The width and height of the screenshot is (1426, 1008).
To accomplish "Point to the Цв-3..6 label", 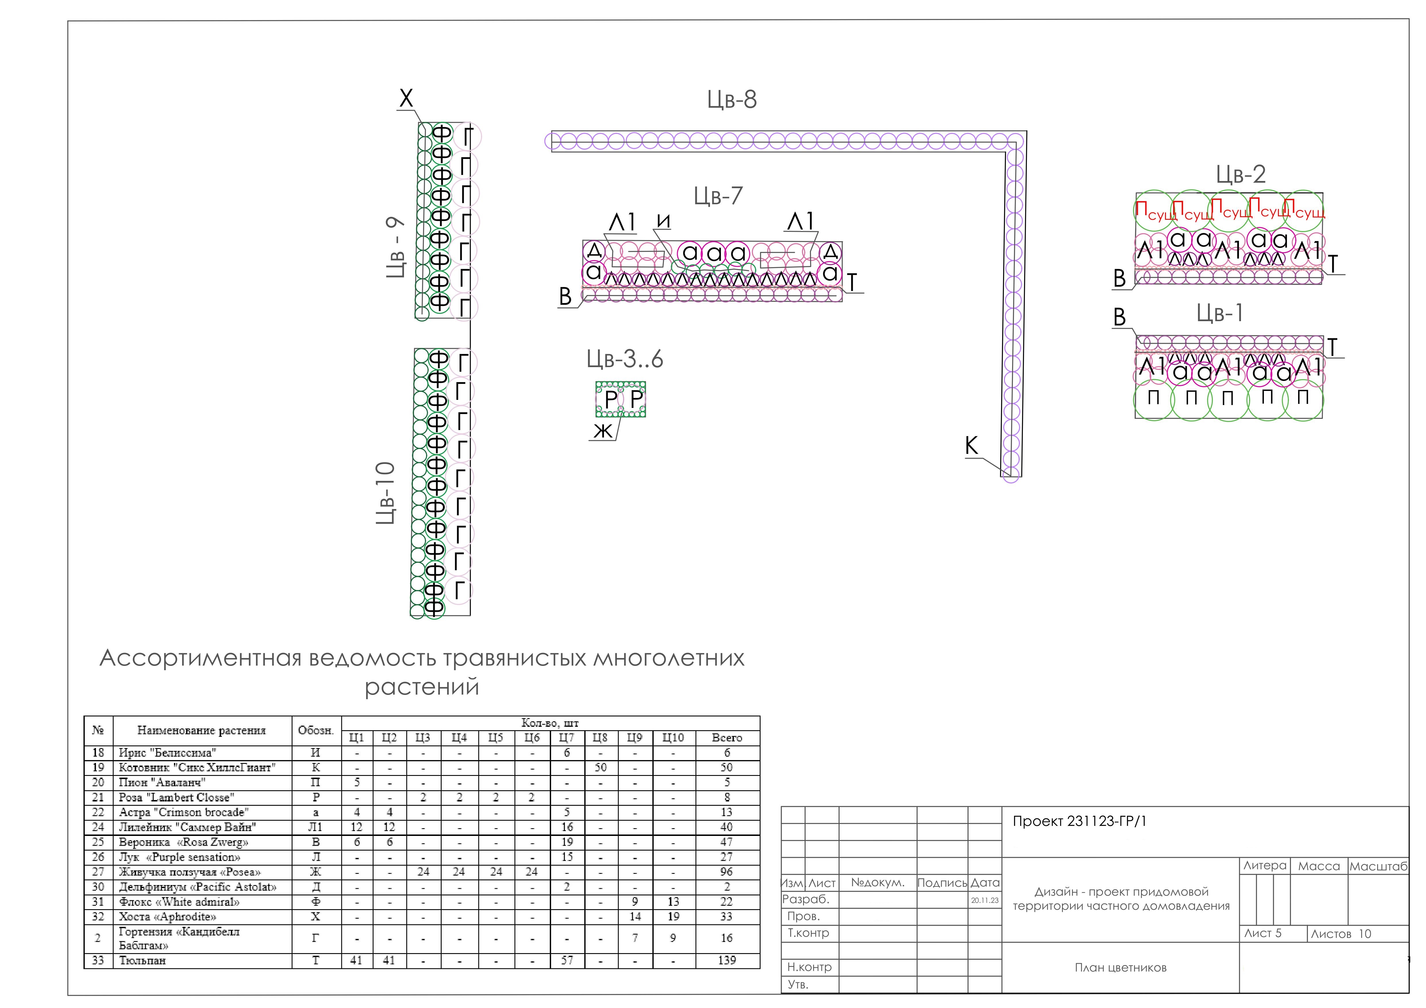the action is point(625,359).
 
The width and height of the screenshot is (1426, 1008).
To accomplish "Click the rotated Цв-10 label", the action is point(386,493).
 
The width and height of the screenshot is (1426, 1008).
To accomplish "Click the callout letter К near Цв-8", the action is point(971,445).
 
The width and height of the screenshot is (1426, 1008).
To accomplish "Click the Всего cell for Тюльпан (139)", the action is point(727,960).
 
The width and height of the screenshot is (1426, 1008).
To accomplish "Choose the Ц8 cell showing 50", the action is point(600,768).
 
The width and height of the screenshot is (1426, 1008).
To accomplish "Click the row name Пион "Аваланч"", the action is point(162,782).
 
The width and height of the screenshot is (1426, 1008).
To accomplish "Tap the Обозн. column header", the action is point(316,731).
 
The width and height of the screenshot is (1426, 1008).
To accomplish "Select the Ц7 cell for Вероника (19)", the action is point(566,842).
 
